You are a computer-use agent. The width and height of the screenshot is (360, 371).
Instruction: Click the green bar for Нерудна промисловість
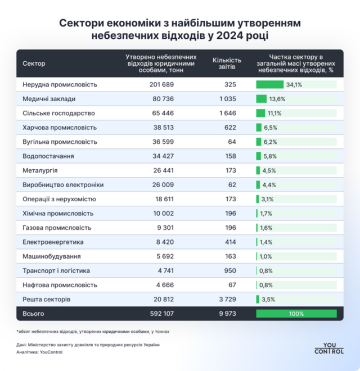(270, 84)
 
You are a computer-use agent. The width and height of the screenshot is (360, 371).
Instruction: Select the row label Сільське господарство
(55, 113)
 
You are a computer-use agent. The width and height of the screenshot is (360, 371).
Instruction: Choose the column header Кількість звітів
(227, 63)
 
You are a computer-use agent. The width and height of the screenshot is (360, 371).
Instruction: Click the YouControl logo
(329, 348)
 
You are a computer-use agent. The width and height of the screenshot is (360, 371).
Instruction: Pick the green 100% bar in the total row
(296, 313)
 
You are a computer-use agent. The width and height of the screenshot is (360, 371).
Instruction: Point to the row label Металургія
(40, 170)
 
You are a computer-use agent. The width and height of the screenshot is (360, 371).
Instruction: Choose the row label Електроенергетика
(53, 242)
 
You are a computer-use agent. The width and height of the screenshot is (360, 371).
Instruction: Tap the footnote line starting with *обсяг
(93, 332)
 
